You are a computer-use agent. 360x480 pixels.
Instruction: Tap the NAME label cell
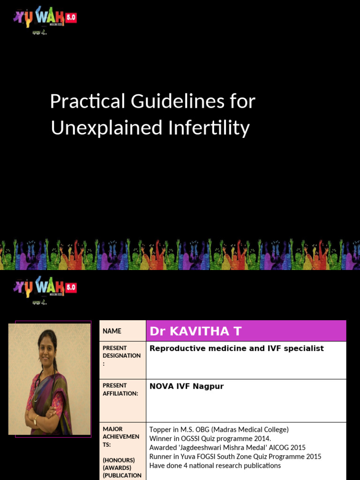tap(112, 331)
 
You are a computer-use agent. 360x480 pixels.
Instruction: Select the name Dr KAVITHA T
tap(195, 331)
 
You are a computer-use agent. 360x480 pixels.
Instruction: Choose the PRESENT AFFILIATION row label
tap(120, 390)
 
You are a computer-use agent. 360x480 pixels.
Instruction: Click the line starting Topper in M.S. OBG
tap(219, 429)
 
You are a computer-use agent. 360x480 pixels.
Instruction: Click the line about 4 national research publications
tap(215, 465)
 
